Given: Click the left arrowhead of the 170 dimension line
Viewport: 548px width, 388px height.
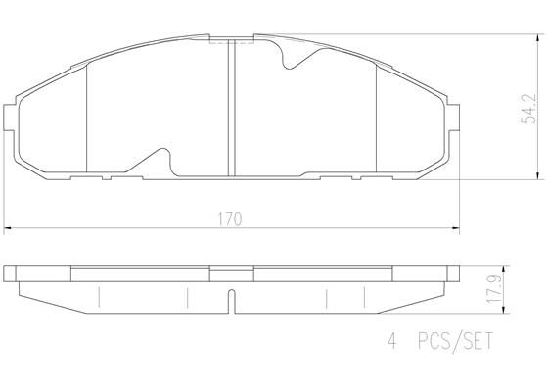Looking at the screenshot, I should [x=9, y=228].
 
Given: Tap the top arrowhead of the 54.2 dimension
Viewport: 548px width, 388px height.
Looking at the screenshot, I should [x=536, y=36].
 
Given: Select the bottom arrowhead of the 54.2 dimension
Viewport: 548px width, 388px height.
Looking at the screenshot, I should [x=536, y=176].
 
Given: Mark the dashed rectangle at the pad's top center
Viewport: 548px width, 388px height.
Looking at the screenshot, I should [x=230, y=40].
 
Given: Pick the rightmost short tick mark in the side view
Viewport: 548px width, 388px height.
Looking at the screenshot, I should [x=363, y=296].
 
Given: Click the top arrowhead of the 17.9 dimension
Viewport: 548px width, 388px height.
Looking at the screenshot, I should [x=502, y=267].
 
